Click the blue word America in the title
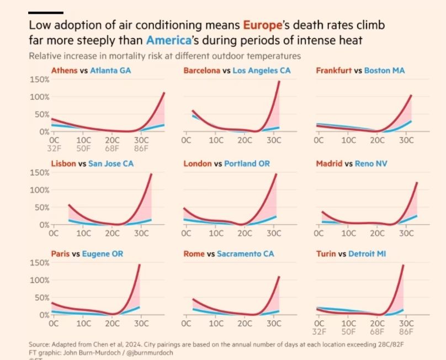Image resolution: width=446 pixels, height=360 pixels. [167, 40]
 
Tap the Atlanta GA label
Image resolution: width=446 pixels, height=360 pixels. [110, 71]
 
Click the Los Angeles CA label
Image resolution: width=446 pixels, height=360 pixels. [262, 71]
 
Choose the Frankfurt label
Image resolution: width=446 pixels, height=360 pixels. [334, 71]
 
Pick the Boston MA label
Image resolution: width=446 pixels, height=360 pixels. [385, 71]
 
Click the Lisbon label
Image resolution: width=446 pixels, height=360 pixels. [63, 164]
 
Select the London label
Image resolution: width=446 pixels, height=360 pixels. [197, 164]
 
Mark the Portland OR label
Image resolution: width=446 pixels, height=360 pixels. [247, 164]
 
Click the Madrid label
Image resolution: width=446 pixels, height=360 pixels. [329, 164]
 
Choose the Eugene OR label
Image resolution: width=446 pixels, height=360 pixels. [103, 254]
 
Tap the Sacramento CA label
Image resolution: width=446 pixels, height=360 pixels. [246, 254]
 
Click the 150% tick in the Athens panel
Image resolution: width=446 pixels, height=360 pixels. [39, 80]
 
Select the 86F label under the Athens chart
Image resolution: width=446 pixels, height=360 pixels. [142, 149]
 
